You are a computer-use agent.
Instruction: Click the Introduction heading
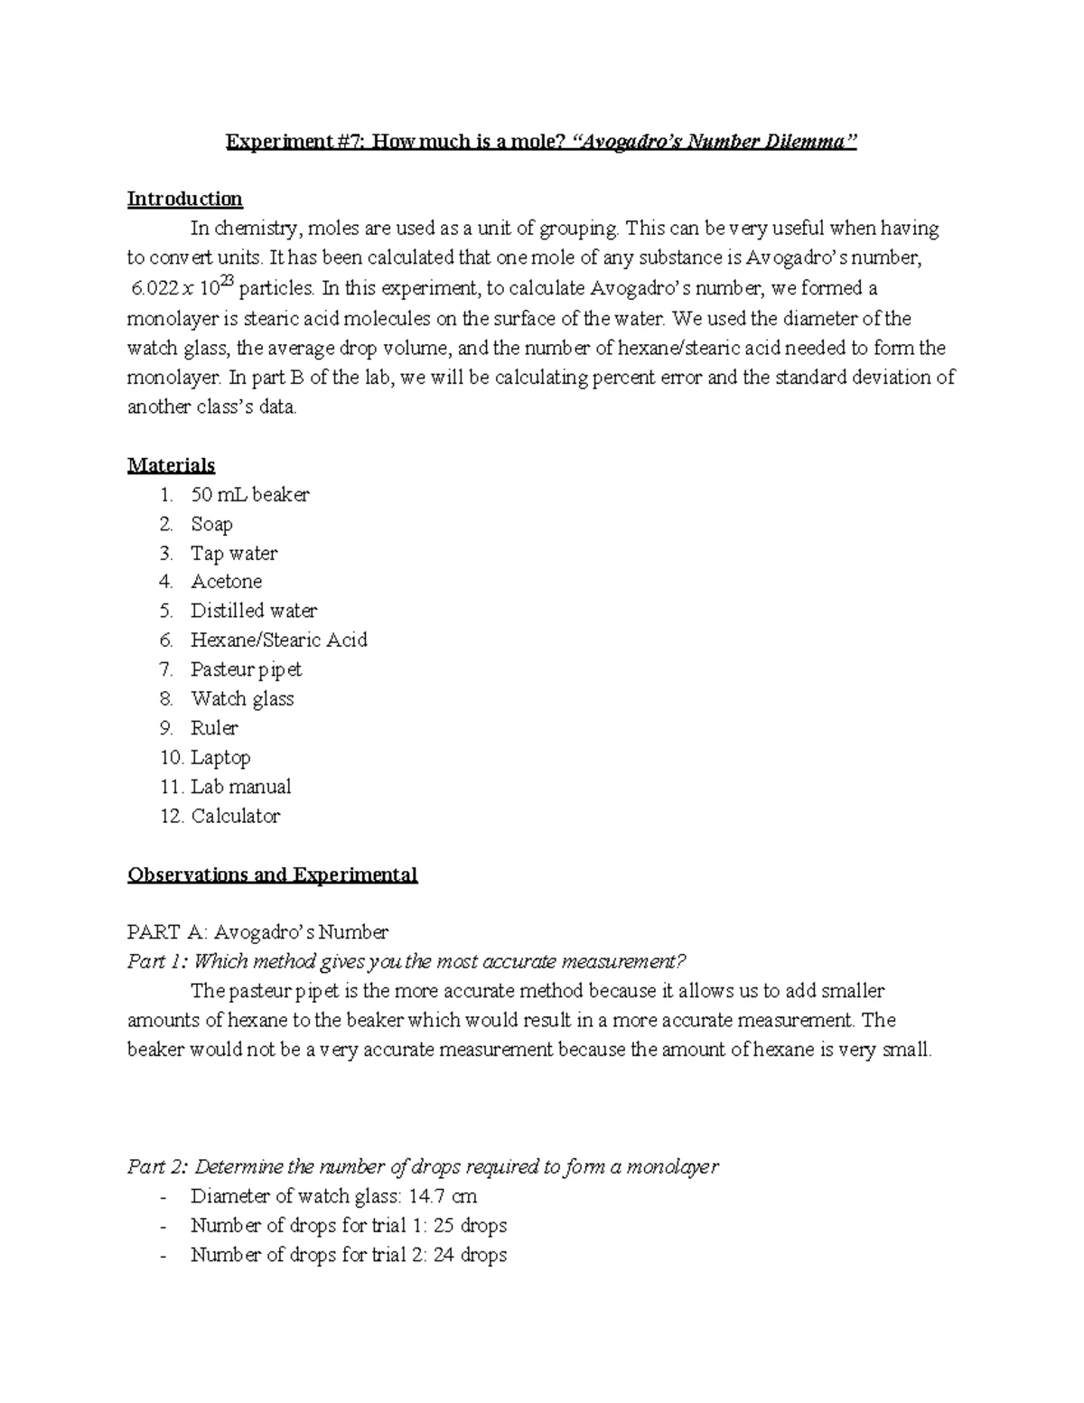[x=184, y=199]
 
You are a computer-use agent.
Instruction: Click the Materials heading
[x=171, y=465]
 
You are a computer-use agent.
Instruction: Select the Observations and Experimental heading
[x=272, y=875]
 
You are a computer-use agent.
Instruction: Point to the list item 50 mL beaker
[x=249, y=495]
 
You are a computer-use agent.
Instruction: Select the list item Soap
[x=211, y=524]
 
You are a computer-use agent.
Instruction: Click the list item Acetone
[x=226, y=582]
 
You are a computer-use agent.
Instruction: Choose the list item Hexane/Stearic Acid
[x=278, y=641]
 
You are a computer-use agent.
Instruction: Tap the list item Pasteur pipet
[x=246, y=669]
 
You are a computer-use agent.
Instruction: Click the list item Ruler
[x=214, y=728]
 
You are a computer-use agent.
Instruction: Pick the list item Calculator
[x=235, y=816]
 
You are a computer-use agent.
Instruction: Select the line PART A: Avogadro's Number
[x=257, y=931]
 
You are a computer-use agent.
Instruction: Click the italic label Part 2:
[x=157, y=1166]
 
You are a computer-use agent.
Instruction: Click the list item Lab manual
[x=240, y=787]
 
